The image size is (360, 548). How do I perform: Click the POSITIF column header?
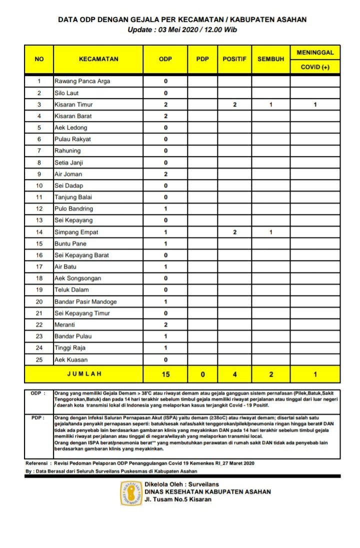tap(234, 59)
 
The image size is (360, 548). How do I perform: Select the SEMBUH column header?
tap(270, 59)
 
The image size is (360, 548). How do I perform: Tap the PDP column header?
tap(202, 59)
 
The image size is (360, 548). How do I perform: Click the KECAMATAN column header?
tap(98, 59)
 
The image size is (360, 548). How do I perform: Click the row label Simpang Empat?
tap(76, 232)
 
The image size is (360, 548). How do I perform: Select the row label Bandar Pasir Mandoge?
tap(85, 301)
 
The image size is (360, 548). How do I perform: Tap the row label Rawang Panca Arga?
tap(82, 81)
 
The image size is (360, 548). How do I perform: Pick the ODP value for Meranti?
tap(165, 324)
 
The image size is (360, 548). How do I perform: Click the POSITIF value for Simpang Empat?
tap(234, 232)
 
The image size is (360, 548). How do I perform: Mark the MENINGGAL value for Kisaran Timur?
tap(315, 104)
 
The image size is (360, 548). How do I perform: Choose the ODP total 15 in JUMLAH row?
tap(165, 374)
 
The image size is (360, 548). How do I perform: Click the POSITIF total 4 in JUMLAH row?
tap(234, 374)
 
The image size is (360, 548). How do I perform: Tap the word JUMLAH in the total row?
tap(84, 374)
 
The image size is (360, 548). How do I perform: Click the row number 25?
tap(39, 359)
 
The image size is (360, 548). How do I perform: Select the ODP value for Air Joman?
tap(165, 174)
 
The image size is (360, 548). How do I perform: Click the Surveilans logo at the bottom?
tap(131, 493)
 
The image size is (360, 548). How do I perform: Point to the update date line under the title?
tap(182, 30)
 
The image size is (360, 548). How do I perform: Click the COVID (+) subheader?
tap(315, 67)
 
